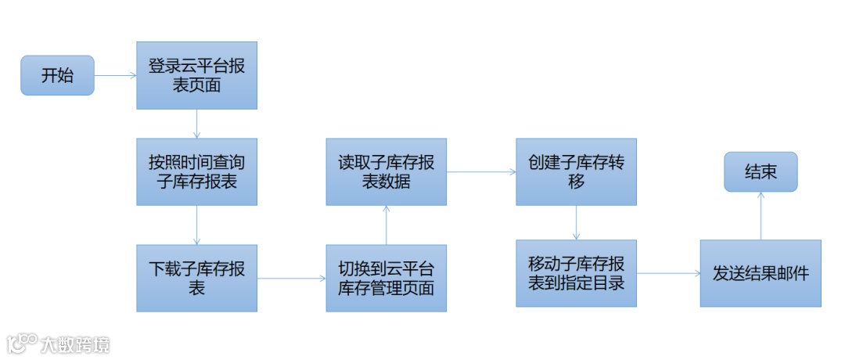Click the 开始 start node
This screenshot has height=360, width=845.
tap(57, 76)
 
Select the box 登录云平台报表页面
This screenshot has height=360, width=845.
tap(196, 75)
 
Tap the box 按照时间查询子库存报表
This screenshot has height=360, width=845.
tap(196, 172)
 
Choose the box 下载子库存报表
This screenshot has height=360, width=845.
tap(196, 278)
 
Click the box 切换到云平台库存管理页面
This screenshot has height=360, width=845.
tap(387, 278)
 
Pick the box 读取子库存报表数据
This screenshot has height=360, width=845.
tap(387, 172)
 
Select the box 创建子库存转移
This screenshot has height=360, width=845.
tap(576, 172)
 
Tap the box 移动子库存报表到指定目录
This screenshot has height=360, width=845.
tap(576, 273)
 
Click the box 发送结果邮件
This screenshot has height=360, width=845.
tap(760, 273)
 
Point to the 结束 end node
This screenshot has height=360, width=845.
tap(760, 172)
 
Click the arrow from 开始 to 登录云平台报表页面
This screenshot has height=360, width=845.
tap(115, 76)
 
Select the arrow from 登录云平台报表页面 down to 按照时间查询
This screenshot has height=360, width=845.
tap(196, 124)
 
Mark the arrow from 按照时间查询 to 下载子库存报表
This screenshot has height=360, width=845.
tap(196, 225)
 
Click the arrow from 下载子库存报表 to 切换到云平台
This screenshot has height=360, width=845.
tap(291, 278)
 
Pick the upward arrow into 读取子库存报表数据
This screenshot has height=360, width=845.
tap(387, 225)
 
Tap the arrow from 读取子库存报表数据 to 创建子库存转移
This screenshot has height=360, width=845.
tap(481, 172)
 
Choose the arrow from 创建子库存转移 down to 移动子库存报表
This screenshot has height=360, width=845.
tap(576, 223)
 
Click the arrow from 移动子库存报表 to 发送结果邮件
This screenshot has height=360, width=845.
tap(667, 273)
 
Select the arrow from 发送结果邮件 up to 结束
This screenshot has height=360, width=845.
tap(760, 216)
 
